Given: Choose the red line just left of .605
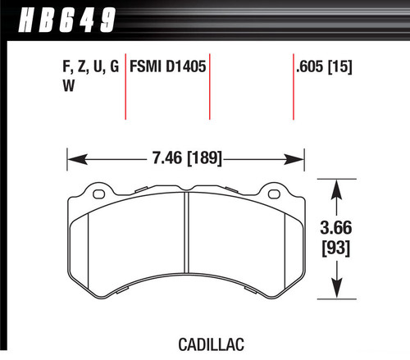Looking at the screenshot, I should click(294, 90).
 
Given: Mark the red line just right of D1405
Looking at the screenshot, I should click(212, 90).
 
